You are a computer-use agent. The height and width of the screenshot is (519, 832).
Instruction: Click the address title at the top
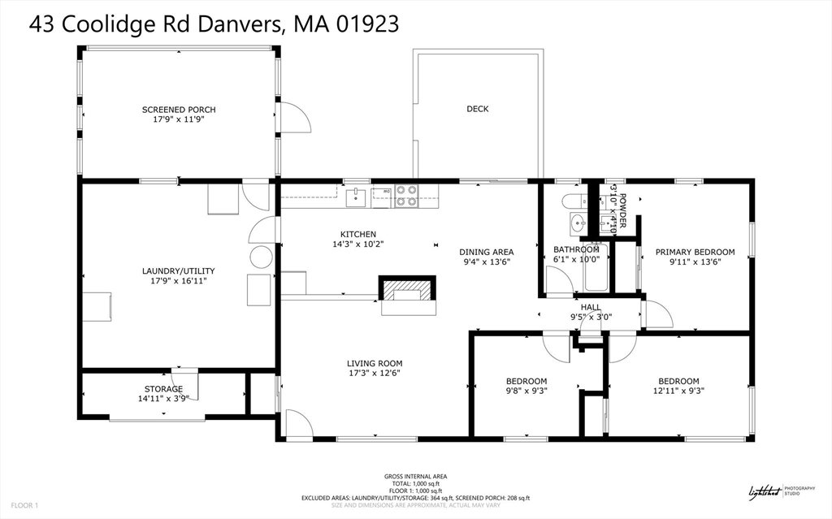point(214,24)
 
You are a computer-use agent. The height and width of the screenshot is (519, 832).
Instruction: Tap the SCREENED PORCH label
point(179,110)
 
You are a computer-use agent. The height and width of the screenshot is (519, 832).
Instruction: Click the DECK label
point(478,109)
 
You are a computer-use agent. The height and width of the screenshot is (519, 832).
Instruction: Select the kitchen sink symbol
point(355,197)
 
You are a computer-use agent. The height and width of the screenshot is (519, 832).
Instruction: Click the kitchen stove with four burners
point(406,197)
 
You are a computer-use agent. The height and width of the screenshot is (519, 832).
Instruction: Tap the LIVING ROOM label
point(375,363)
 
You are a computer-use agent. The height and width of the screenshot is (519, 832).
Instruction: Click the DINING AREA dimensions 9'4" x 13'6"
point(486,262)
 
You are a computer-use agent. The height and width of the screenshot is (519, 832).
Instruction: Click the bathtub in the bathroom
point(597,269)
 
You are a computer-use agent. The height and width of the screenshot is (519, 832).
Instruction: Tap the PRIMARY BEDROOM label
point(695,252)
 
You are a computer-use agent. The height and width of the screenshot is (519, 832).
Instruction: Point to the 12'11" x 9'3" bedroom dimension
point(678,391)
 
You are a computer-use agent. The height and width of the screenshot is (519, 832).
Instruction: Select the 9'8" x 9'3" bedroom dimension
point(526,391)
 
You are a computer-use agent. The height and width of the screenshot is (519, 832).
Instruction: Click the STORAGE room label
point(163,389)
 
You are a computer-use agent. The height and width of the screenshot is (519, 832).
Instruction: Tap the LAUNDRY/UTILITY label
point(178,271)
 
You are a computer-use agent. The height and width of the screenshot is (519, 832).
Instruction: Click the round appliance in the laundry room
point(261,257)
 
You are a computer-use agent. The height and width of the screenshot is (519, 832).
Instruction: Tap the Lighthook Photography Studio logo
point(773,491)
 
